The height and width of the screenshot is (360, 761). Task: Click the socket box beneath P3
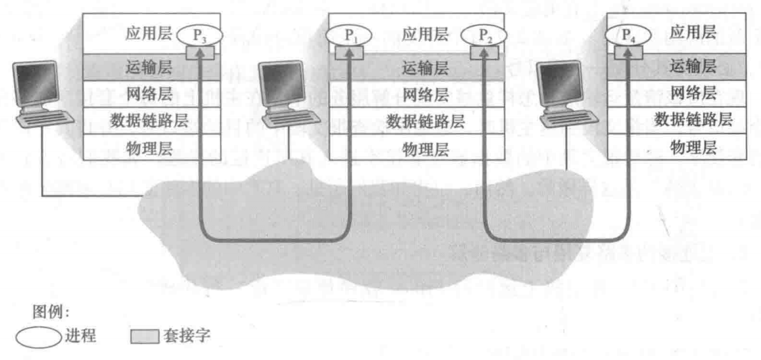199,53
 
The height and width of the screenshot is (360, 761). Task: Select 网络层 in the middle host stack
425,94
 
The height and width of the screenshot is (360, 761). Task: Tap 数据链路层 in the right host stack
693,120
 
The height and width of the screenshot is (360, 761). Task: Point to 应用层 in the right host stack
693,33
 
